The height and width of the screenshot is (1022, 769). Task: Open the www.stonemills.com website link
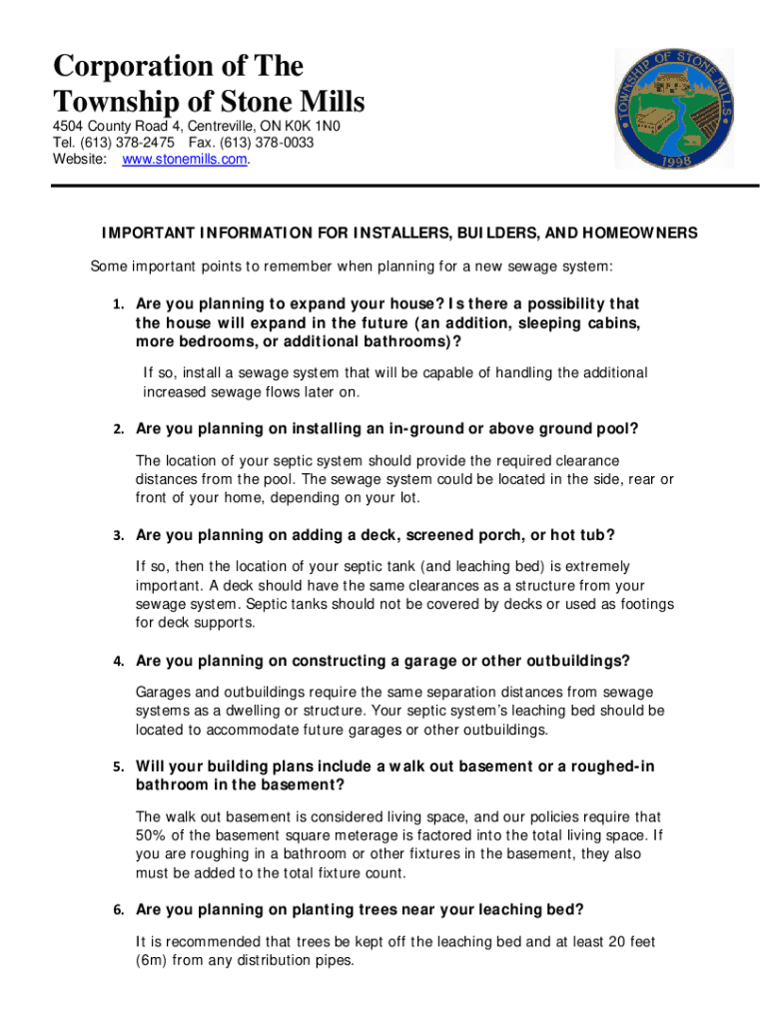tap(184, 160)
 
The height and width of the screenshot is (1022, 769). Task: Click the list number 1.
tap(118, 303)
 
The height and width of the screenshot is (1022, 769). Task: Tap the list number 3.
tap(118, 536)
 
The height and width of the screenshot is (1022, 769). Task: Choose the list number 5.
tap(118, 767)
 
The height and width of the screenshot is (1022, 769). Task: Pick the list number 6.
tap(118, 910)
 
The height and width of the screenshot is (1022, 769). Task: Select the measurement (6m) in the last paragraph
tap(154, 961)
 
